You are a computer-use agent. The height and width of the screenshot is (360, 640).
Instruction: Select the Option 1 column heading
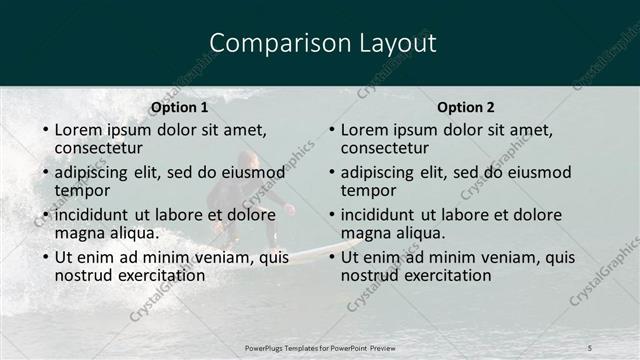[x=180, y=107]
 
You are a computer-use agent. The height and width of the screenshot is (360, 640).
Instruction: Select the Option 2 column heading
[x=466, y=107]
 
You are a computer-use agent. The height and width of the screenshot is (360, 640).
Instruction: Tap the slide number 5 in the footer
[x=590, y=347]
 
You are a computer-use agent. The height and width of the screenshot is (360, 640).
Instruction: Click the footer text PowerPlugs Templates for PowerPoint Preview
[x=319, y=347]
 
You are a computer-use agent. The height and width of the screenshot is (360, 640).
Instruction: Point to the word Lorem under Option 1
[x=79, y=129]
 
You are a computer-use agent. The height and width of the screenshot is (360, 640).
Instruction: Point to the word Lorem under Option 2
[x=365, y=129]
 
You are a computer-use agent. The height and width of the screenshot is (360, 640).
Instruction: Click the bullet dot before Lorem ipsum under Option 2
[x=331, y=130]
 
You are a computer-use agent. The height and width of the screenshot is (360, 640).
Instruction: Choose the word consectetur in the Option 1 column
[x=99, y=147]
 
